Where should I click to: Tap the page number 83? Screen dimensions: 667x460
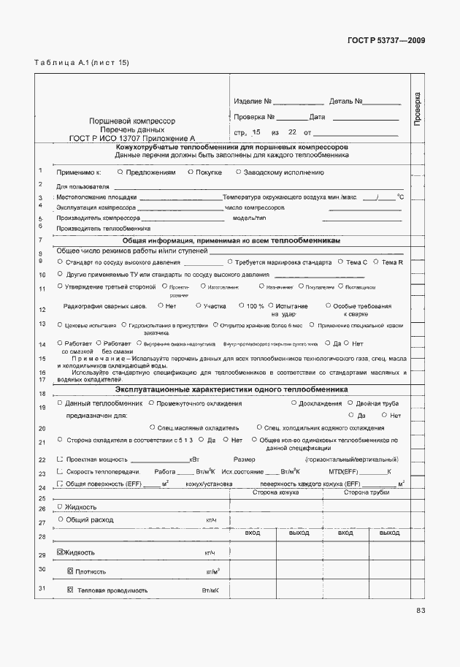[421, 611]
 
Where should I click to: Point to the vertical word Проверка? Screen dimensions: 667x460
[418, 110]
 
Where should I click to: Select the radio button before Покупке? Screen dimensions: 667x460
[190, 172]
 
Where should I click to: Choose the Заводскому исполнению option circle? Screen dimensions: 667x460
[238, 172]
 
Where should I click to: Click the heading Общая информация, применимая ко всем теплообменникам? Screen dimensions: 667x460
[231, 240]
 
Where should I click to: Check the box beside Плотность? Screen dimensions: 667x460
[70, 571]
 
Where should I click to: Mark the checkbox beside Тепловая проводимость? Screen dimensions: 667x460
[70, 590]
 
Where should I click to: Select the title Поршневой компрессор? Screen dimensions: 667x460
[132, 120]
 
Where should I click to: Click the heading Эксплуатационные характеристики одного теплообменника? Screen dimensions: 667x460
[231, 390]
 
